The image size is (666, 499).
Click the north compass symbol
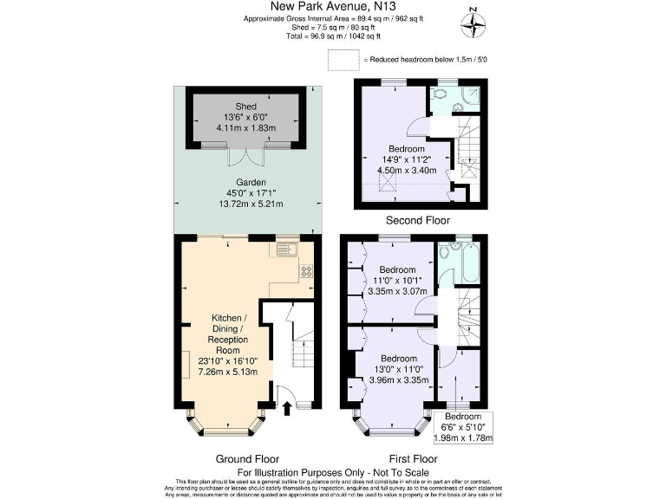[x=473, y=24]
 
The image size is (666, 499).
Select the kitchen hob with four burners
[x=306, y=270]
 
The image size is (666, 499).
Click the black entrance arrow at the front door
[x=287, y=407]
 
